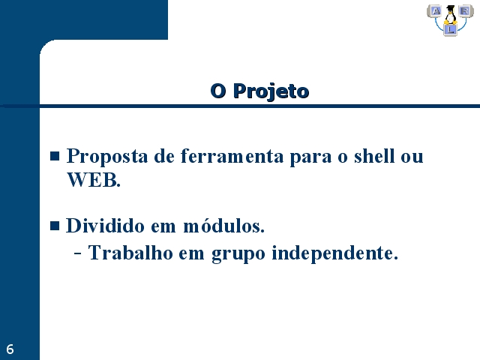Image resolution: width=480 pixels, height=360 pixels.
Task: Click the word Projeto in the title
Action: tap(271, 91)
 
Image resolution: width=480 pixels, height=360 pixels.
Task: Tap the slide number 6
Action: tap(10, 349)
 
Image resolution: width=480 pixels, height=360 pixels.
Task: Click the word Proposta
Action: tap(107, 157)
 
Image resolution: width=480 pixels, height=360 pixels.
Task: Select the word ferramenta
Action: tap(232, 156)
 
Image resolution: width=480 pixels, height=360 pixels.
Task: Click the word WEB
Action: tap(94, 180)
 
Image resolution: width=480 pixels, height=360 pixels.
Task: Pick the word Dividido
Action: tap(105, 226)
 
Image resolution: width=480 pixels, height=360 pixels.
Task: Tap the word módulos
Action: tap(223, 226)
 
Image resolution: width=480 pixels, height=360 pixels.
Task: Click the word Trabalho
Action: tap(130, 253)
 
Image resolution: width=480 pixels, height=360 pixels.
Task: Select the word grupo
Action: tap(238, 254)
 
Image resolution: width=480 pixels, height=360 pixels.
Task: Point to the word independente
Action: tap(335, 253)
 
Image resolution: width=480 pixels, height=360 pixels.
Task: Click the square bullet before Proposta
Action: tap(55, 156)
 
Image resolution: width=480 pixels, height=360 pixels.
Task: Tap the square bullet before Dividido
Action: tap(55, 226)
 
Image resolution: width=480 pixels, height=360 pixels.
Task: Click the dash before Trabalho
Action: tap(78, 253)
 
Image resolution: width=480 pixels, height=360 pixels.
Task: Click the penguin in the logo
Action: tap(450, 15)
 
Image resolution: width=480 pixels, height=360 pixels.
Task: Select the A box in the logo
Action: tap(435, 11)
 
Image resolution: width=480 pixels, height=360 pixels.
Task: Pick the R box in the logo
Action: tap(465, 11)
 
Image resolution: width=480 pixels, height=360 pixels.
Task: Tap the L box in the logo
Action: tap(450, 30)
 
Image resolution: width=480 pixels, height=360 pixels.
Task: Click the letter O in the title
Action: tap(218, 91)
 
